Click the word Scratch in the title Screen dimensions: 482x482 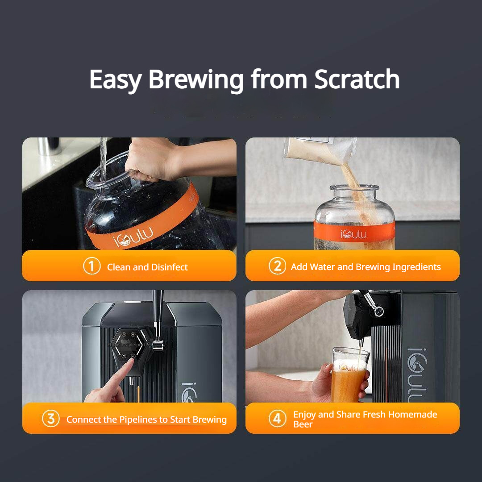click(x=357, y=79)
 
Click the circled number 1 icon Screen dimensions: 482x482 click(x=91, y=266)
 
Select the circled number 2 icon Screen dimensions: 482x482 click(x=277, y=266)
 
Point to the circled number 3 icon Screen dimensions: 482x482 click(x=51, y=419)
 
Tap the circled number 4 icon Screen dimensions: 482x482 click(x=277, y=419)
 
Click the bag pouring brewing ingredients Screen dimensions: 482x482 click(x=321, y=152)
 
